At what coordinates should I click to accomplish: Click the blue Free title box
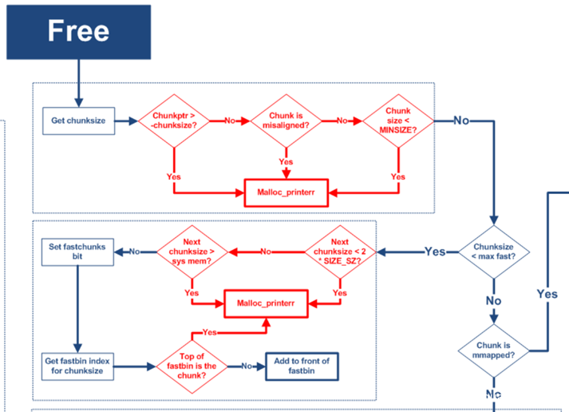coord(78,32)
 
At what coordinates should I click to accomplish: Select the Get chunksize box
coord(78,121)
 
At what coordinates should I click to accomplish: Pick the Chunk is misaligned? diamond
coord(286,121)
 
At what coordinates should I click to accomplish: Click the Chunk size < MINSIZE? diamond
coord(397,121)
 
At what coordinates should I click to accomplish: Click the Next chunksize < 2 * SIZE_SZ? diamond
coord(341,252)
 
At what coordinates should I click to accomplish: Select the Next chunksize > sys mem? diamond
coord(192,252)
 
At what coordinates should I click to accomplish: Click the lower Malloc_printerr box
coord(267,303)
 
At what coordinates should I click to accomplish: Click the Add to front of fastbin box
coord(301,366)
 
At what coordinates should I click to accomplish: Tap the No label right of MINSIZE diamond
coord(461,121)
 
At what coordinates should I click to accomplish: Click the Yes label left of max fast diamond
coord(435,252)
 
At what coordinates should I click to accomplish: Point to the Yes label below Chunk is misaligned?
coord(286,162)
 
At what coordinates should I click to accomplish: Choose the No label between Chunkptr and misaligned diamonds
coord(230,121)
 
